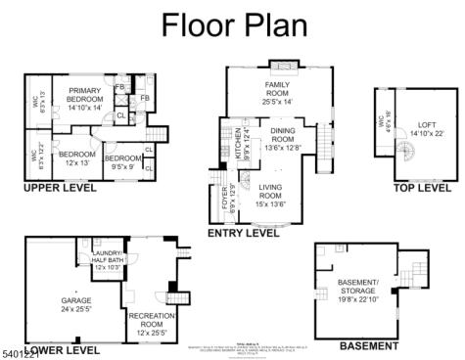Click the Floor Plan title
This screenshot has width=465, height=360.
(232, 22)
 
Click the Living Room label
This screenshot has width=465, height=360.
(269, 199)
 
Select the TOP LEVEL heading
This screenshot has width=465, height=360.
(422, 187)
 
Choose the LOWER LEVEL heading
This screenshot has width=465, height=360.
(62, 349)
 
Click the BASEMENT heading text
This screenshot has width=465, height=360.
(368, 345)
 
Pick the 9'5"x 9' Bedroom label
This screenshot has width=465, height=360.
(123, 162)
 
